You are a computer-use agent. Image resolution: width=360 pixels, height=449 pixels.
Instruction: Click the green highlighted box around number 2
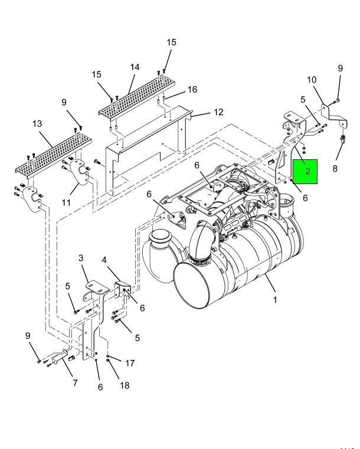[x=305, y=172]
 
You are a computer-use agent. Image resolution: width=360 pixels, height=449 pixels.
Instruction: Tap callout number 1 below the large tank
[x=275, y=300]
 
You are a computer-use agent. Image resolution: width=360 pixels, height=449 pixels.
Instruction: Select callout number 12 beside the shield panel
[x=218, y=112]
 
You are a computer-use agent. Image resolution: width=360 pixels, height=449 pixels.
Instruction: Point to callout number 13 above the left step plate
[x=37, y=124]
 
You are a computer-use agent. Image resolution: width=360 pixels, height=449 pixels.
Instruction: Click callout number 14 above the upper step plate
[x=135, y=67]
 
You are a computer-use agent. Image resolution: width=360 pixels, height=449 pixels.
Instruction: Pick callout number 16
[x=192, y=90]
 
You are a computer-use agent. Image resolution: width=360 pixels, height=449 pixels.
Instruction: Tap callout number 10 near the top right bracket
[x=312, y=80]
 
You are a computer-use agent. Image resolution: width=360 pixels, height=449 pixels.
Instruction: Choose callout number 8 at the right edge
[x=335, y=168]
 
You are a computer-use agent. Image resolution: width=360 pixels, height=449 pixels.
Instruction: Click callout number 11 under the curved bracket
[x=66, y=203]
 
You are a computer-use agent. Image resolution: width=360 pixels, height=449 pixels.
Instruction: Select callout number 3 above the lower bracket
[x=81, y=258]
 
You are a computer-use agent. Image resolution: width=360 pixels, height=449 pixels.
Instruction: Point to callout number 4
[x=104, y=260]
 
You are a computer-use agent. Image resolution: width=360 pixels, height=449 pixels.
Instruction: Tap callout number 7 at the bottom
[x=75, y=383]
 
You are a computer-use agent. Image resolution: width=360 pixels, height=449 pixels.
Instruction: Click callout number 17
[x=130, y=363]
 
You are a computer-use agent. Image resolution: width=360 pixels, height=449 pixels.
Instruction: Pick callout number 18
[x=125, y=385]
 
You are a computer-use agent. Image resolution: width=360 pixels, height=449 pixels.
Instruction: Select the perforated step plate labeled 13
[x=53, y=155]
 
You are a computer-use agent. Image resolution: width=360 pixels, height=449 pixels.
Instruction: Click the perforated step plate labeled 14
[x=136, y=95]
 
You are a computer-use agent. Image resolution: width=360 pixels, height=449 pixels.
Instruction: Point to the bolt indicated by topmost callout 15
[x=164, y=71]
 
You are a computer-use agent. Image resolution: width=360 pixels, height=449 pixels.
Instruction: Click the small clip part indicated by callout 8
[x=343, y=139]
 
